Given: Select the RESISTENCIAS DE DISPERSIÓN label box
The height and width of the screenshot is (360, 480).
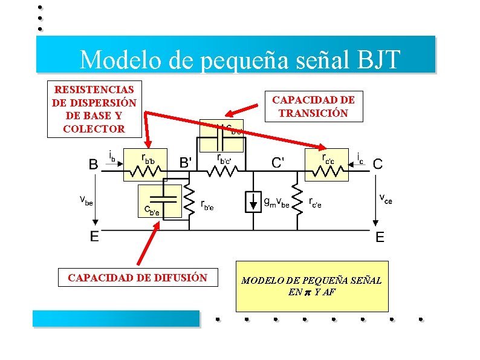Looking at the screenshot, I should click(x=94, y=109).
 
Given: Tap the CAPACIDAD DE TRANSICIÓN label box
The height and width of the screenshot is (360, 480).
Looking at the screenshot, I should click(x=313, y=106).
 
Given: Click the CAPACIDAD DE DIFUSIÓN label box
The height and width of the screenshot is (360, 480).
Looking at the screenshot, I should click(x=137, y=278).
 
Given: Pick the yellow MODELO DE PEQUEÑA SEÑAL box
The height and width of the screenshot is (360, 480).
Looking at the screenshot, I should click(x=311, y=286).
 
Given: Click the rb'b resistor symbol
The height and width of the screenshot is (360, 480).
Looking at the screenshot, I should click(x=144, y=171).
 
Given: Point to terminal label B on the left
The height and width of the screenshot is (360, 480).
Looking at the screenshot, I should click(x=94, y=163).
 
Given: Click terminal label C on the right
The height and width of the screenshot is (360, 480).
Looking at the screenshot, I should click(x=377, y=163).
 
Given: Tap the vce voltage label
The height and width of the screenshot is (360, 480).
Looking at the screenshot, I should click(x=385, y=198).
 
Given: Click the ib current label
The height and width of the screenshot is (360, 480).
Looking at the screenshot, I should click(x=112, y=156).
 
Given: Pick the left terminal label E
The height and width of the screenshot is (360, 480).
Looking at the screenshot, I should click(x=95, y=237).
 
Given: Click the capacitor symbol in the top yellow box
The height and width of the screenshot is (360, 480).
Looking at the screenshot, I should click(x=221, y=136).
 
